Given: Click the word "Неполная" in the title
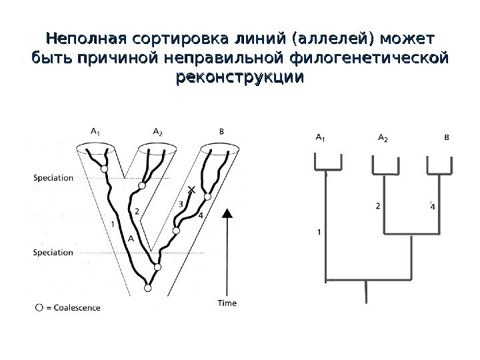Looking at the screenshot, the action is (85, 35).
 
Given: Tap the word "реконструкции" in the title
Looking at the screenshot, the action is (239, 78).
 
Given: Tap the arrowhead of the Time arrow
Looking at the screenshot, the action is (228, 213).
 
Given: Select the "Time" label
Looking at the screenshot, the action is (227, 303).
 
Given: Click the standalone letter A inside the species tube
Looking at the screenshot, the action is (131, 238).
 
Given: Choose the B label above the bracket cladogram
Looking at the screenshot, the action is (447, 138).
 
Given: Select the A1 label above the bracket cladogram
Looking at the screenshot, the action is (320, 139).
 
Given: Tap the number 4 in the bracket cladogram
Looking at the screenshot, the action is (433, 206).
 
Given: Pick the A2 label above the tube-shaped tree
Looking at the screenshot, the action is (158, 132).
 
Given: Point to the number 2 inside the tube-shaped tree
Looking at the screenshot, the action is (137, 211).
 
